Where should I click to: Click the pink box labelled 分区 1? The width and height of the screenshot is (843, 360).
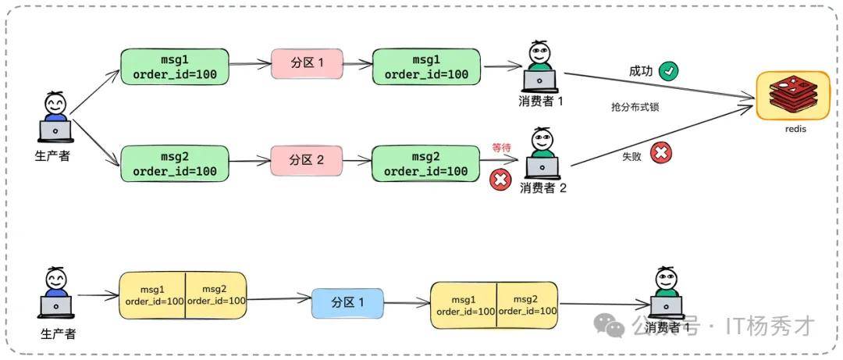point(307,62)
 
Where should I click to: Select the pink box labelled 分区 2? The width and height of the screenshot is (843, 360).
point(307,160)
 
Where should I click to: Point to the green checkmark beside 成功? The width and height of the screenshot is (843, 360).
point(668,72)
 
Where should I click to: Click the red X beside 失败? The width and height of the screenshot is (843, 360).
point(660,153)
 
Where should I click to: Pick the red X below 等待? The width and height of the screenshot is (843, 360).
point(500,181)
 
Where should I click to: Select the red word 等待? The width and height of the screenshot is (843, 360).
point(501,147)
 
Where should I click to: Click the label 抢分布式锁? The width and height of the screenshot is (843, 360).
point(635,107)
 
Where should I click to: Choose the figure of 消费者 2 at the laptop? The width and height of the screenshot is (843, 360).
point(541,154)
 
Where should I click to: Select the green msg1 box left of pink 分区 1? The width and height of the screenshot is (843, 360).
point(175,66)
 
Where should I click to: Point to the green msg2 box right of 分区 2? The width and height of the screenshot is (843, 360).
point(425,163)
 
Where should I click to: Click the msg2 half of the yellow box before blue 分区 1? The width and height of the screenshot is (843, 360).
point(215,294)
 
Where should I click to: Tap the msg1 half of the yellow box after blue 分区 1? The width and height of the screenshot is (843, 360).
point(464,305)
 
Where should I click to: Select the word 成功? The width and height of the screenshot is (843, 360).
point(641,72)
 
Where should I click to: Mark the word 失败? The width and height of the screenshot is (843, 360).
point(631,156)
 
